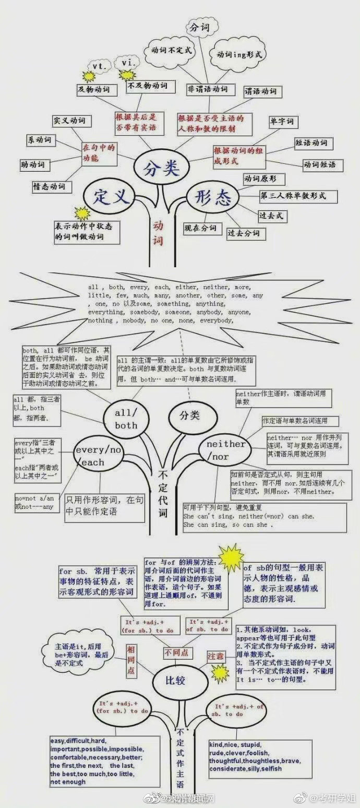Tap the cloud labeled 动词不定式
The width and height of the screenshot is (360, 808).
coord(172,51)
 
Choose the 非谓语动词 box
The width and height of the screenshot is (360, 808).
coord(208,89)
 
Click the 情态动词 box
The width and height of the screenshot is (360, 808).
coord(49,186)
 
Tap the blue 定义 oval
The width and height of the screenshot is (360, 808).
coord(111,197)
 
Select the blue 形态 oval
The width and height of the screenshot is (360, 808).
coord(213,197)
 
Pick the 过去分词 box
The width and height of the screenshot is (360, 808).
coord(243,233)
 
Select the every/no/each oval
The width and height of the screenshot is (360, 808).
coord(98,456)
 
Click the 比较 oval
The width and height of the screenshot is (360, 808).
coord(177,681)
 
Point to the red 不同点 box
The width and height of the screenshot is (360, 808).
coord(177,652)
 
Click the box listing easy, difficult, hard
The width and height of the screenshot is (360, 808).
coord(104,762)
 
